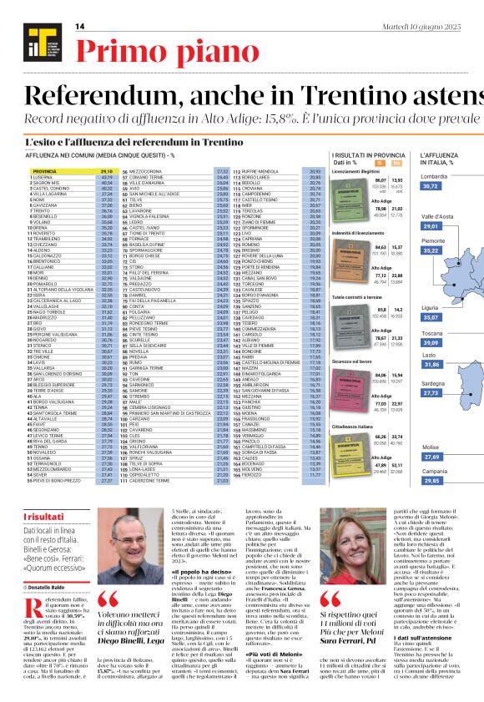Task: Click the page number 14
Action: [x=80, y=27]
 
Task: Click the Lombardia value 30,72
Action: [x=430, y=186]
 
